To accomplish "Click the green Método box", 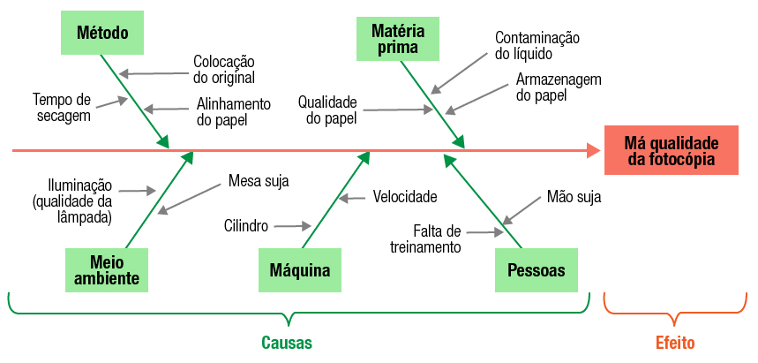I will coord(102,34).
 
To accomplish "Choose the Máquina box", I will coord(300,269).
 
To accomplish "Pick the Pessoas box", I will coord(537,269).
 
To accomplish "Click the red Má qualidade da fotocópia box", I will coord(671,150).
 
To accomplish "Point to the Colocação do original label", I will coord(224,70).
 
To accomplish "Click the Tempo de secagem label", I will coord(62,107).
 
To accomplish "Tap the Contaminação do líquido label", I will coord(537,46).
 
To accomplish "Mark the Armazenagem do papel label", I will coord(558,87).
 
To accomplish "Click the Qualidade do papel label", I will coord(326,110).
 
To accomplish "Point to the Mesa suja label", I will coord(259,181).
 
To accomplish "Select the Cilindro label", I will coord(246,226).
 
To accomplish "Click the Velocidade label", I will coord(404,196).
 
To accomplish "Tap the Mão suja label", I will coord(574,197).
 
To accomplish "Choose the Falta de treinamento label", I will coord(426,238).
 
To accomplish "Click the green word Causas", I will coord(286,343).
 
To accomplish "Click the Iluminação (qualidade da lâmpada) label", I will coord(72,202).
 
